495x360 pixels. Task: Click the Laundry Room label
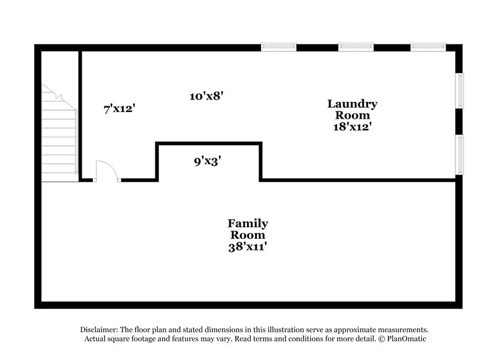pyautogui.click(x=352, y=109)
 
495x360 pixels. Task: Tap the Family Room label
pyautogui.click(x=247, y=229)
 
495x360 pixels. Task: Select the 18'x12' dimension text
pyautogui.click(x=352, y=126)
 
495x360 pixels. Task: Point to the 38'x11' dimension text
pyautogui.click(x=247, y=247)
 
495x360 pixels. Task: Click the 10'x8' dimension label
pyautogui.click(x=206, y=96)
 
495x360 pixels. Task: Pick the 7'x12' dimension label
pyautogui.click(x=119, y=109)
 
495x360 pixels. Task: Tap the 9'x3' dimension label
pyautogui.click(x=207, y=161)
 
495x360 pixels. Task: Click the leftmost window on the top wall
pyautogui.click(x=278, y=47)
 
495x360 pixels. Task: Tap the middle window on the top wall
pyautogui.click(x=356, y=47)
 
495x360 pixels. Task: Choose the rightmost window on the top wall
pyautogui.click(x=428, y=47)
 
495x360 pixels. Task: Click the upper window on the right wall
pyautogui.click(x=460, y=91)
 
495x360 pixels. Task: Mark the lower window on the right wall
pyautogui.click(x=460, y=154)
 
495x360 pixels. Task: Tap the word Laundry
pyautogui.click(x=352, y=104)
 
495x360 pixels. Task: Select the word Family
pyautogui.click(x=247, y=223)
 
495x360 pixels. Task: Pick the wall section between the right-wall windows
pyautogui.click(x=460, y=122)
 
